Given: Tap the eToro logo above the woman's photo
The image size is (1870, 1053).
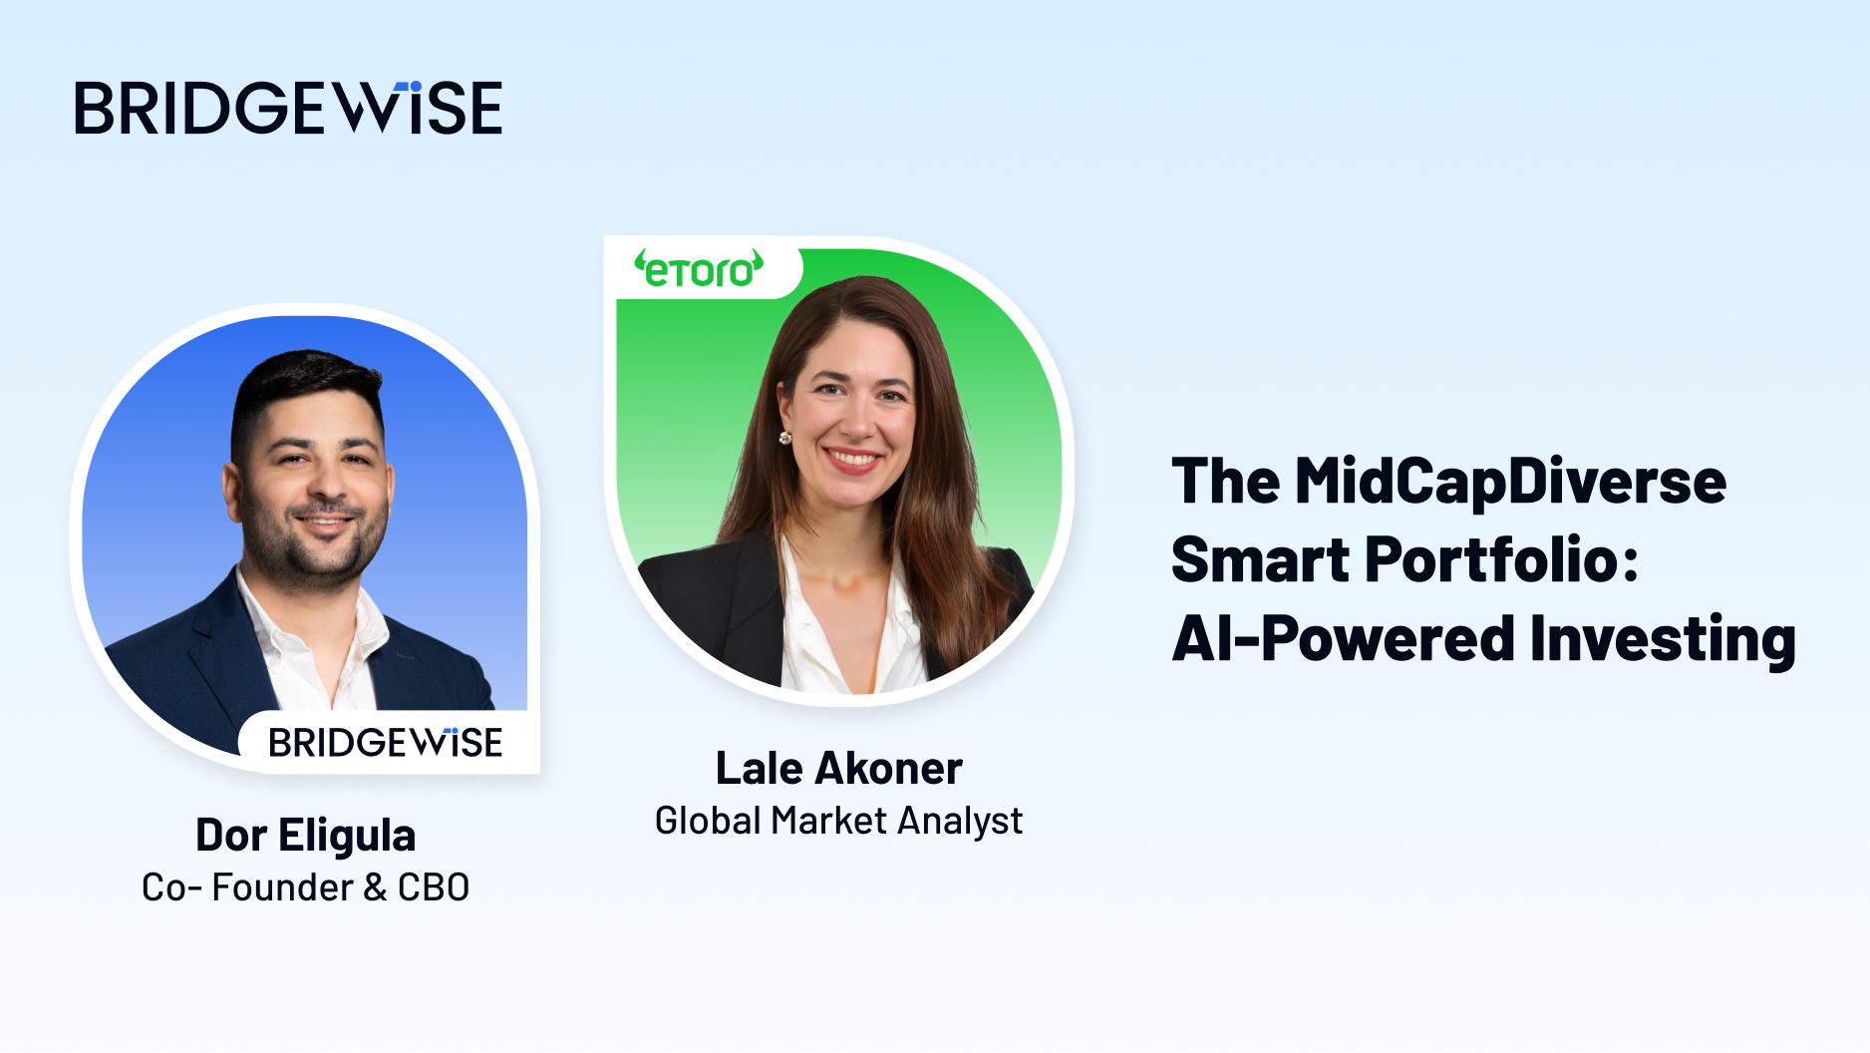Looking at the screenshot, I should pyautogui.click(x=699, y=269).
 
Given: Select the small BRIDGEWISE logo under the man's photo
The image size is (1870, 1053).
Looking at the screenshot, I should pyautogui.click(x=385, y=742).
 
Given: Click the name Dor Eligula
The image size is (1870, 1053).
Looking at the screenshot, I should pyautogui.click(x=305, y=835).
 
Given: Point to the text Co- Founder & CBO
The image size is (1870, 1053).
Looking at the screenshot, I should pyautogui.click(x=305, y=886).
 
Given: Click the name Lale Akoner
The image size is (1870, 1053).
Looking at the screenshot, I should pyautogui.click(x=838, y=768).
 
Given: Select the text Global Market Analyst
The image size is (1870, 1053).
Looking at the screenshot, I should pyautogui.click(x=838, y=821).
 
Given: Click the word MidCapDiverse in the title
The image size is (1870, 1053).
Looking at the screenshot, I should pyautogui.click(x=1510, y=482).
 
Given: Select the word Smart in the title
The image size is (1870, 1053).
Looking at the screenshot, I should pyautogui.click(x=1260, y=559).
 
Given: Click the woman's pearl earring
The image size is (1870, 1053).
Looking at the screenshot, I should pyautogui.click(x=784, y=437).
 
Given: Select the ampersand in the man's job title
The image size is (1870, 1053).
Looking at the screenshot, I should pyautogui.click(x=375, y=886).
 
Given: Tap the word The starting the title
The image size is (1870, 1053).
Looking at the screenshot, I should pyautogui.click(x=1225, y=482).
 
